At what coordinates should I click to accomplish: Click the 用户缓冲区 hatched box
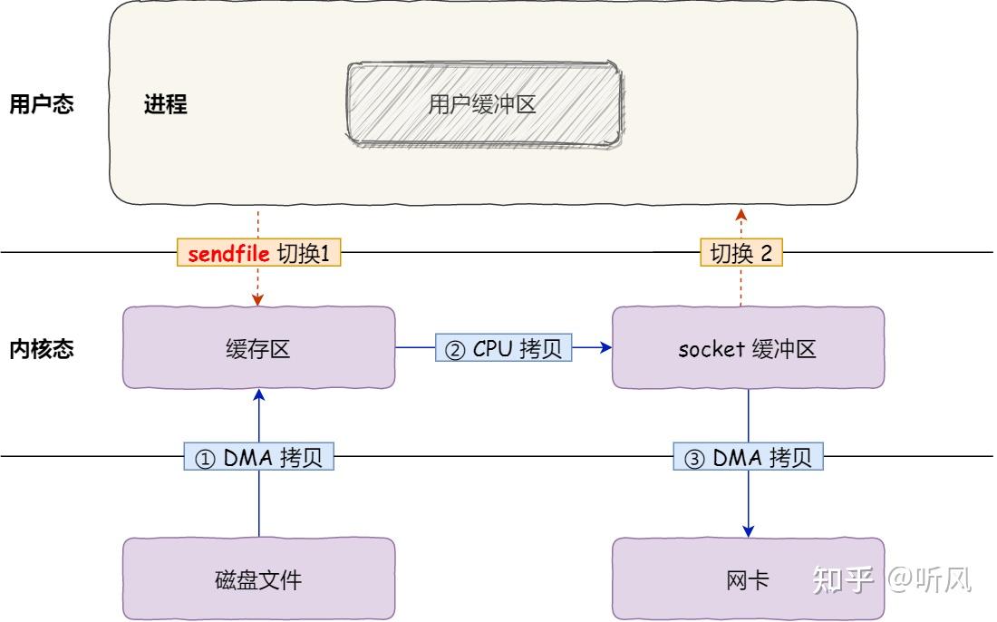pyautogui.click(x=484, y=104)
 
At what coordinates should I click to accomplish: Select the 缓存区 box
pyautogui.click(x=258, y=348)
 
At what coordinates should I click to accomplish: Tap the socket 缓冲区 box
pyautogui.click(x=748, y=348)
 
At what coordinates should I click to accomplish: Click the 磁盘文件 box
pyautogui.click(x=258, y=579)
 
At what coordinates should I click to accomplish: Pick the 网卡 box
pyautogui.click(x=748, y=579)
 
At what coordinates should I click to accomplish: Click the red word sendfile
pyautogui.click(x=228, y=254)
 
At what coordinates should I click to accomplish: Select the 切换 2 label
pyautogui.click(x=740, y=254)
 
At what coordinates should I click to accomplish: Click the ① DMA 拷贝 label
pyautogui.click(x=259, y=459)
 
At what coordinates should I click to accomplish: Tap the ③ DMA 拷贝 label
pyautogui.click(x=748, y=459)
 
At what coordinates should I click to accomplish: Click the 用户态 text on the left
pyautogui.click(x=41, y=104)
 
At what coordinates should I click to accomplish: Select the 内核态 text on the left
pyautogui.click(x=41, y=349)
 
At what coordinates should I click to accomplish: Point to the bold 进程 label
pyautogui.click(x=165, y=104)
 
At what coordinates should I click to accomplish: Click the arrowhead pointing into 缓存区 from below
pyautogui.click(x=259, y=395)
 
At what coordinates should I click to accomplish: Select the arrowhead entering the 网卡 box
pyautogui.click(x=749, y=530)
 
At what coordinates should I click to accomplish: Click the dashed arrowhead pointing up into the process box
pyautogui.click(x=741, y=214)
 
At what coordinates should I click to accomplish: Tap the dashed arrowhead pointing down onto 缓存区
pyautogui.click(x=258, y=299)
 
